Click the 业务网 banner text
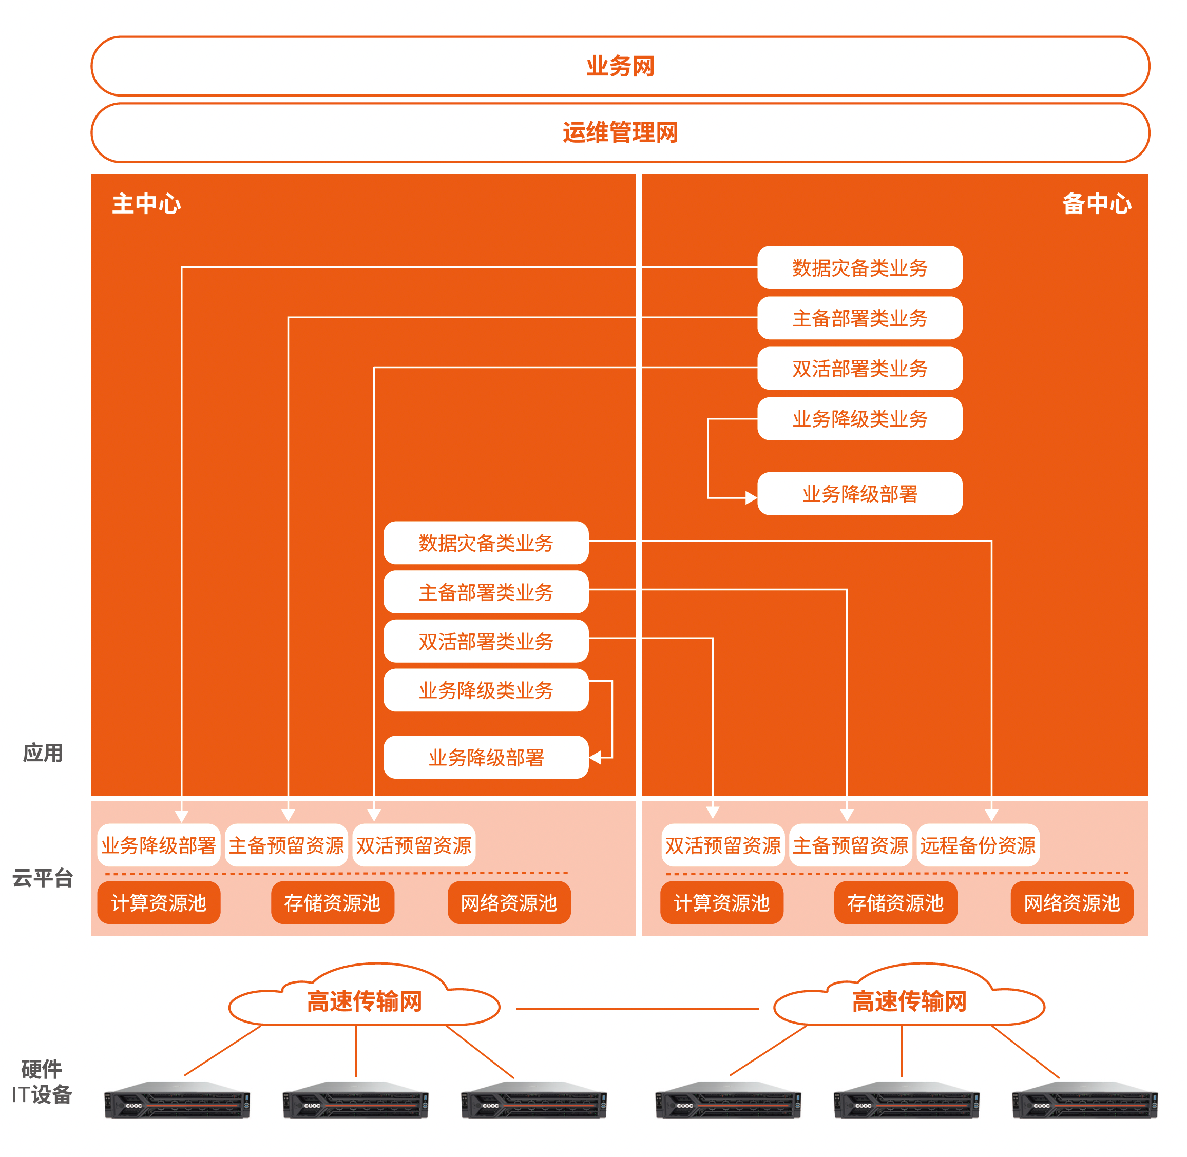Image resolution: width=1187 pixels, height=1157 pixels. tap(619, 66)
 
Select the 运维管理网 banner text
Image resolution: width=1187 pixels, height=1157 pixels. tap(619, 132)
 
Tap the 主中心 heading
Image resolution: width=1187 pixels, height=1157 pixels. tap(146, 204)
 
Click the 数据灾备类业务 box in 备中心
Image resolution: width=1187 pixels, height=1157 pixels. tap(859, 267)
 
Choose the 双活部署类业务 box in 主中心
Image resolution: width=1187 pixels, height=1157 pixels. tap(486, 641)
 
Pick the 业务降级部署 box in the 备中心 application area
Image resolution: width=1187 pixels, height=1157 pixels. tap(859, 493)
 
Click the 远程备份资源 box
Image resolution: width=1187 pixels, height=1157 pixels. tap(978, 845)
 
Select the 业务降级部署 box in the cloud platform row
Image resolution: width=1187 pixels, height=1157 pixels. tap(159, 845)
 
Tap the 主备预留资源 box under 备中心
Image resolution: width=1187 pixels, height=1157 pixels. tap(850, 845)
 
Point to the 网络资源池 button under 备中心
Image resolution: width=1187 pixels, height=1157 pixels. tap(1071, 902)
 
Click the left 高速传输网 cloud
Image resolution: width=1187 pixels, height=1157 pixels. tap(363, 1001)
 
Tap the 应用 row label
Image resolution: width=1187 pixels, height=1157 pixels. tap(43, 753)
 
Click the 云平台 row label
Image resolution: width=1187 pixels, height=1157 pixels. tap(43, 877)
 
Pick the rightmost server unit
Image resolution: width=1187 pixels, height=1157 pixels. tap(1084, 1100)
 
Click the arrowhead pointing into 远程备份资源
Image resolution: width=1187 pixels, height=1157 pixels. tap(991, 815)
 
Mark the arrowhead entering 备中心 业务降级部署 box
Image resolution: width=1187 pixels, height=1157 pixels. tap(751, 498)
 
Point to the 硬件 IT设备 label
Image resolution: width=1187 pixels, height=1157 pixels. tap(41, 1082)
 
